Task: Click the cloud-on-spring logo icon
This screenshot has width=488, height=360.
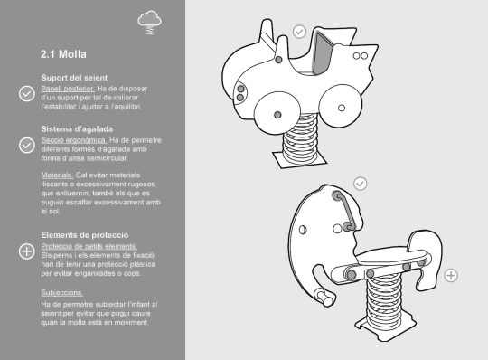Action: [149, 22]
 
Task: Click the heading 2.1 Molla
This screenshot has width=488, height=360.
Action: [63, 54]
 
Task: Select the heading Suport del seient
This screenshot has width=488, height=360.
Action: [74, 78]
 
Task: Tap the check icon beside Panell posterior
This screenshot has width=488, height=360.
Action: [27, 94]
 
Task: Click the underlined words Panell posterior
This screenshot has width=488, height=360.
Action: [68, 89]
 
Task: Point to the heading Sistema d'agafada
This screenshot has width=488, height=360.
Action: [77, 129]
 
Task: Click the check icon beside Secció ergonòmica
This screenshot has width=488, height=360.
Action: [27, 145]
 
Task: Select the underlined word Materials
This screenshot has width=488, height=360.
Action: [57, 175]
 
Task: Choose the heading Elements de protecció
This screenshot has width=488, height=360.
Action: [85, 235]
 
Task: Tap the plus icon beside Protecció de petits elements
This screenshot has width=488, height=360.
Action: [27, 251]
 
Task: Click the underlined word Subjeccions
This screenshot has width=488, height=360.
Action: [62, 293]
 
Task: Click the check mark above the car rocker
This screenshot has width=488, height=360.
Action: [299, 32]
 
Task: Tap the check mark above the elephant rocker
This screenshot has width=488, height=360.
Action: [361, 184]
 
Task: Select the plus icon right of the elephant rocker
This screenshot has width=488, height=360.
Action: [451, 276]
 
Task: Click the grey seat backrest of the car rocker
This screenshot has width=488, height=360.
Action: [323, 53]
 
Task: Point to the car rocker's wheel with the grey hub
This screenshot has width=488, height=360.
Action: [277, 113]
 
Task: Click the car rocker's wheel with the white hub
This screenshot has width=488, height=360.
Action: [341, 107]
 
